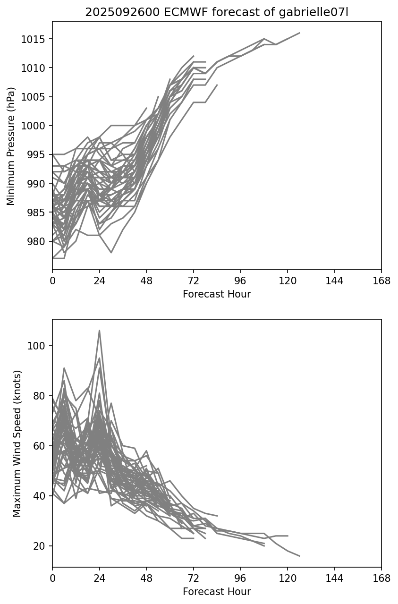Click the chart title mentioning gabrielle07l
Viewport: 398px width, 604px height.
217,13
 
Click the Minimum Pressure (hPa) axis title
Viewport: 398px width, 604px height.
11,146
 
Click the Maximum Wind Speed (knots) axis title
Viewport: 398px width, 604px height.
17,443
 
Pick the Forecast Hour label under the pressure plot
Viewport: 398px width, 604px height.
217,294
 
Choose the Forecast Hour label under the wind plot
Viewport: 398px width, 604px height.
217,592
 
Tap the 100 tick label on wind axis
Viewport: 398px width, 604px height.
36,346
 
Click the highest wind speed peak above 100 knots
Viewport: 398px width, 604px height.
99,331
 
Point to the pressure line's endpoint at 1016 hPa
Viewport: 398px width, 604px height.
299,33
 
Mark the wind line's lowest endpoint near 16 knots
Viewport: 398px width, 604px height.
299,556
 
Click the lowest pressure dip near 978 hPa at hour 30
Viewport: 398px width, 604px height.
111,253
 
